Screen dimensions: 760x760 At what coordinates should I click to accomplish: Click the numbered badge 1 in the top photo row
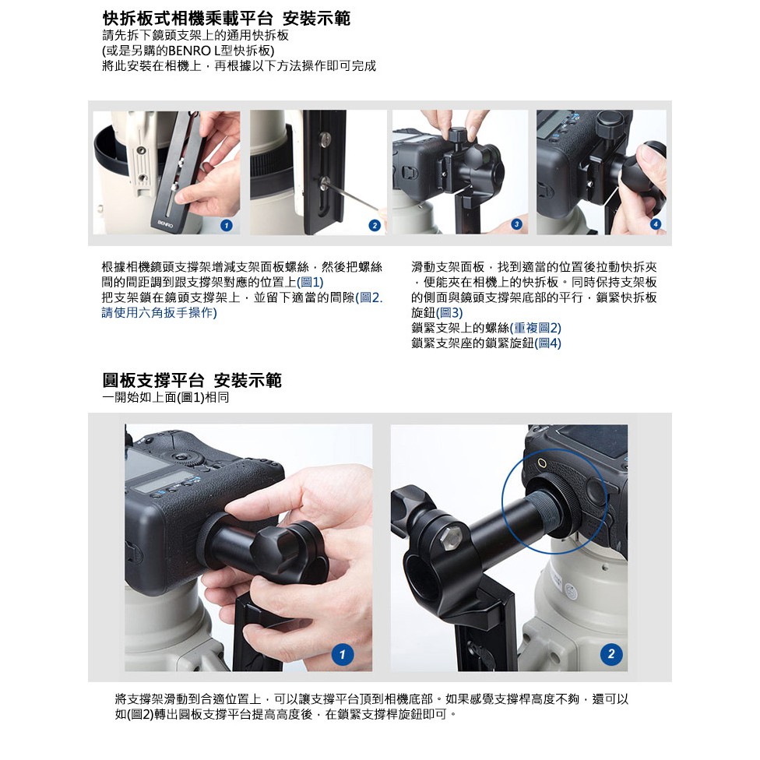[x=227, y=225]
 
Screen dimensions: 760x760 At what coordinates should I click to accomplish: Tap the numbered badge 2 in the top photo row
[x=375, y=225]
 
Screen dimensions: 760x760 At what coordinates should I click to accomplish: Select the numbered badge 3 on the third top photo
[x=516, y=224]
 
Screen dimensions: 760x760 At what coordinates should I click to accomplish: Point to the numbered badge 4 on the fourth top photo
[x=656, y=224]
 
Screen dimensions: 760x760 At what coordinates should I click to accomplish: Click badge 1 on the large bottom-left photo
[x=342, y=654]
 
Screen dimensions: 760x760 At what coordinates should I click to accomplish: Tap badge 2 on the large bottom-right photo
[x=610, y=654]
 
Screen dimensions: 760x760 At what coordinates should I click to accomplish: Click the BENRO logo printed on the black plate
[x=165, y=223]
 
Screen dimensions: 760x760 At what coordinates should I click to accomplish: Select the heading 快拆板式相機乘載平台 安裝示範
[x=227, y=19]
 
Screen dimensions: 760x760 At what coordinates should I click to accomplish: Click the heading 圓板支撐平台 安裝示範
[x=192, y=380]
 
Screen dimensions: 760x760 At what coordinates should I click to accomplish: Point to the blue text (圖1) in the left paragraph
[x=310, y=282]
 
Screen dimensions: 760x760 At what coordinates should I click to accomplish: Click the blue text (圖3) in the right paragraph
[x=449, y=312]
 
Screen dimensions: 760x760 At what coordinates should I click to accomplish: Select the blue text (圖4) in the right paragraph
[x=547, y=343]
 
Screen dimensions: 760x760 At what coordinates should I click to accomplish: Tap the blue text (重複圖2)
[x=535, y=328]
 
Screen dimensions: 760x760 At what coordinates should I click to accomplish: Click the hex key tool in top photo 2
[x=350, y=195]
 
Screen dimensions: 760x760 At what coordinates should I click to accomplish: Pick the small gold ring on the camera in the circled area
[x=543, y=463]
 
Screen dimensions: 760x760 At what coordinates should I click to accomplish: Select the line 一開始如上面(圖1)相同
[x=166, y=398]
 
